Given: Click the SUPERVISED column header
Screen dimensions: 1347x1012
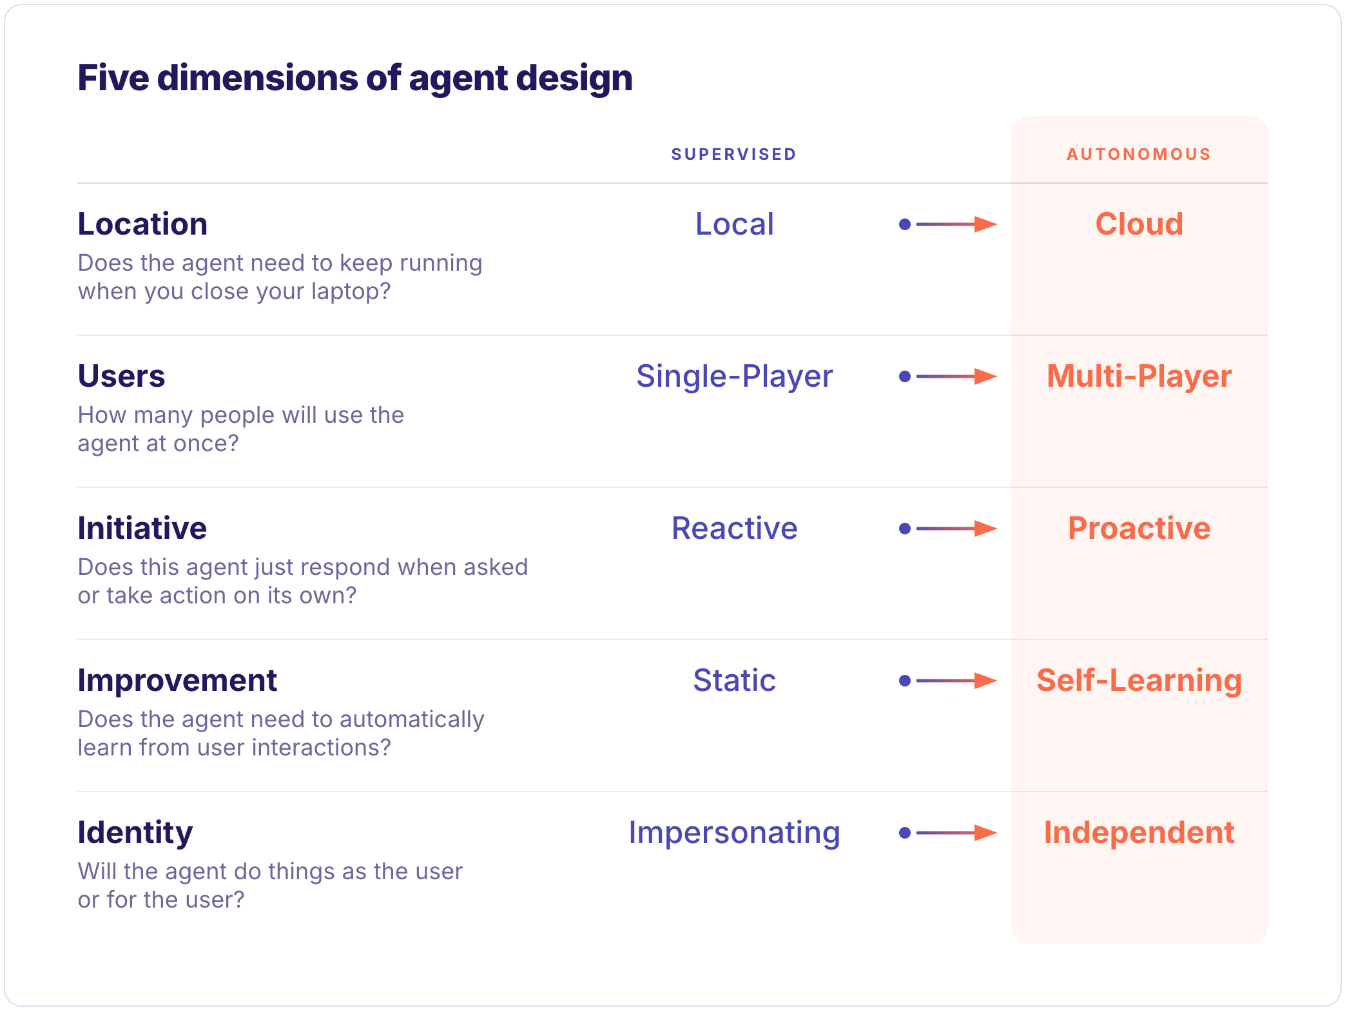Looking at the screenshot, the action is click(733, 154).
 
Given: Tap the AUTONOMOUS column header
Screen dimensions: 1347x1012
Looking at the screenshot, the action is click(1139, 154).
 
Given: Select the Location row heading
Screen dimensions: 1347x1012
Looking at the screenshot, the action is click(142, 224).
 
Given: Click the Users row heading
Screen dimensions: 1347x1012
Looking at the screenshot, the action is click(121, 376).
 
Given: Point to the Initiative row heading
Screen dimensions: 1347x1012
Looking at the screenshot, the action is click(142, 529).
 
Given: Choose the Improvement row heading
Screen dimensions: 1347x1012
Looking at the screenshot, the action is click(177, 681).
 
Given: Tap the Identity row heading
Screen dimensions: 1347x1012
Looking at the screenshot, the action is click(135, 833).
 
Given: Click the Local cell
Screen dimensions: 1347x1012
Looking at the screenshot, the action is click(734, 224).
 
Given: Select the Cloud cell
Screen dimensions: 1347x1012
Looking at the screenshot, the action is click(1139, 224).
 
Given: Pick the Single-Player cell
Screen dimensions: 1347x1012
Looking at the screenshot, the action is click(734, 376).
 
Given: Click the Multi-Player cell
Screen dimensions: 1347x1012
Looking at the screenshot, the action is click(1139, 376).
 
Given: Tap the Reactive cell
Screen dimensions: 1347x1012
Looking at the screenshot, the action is click(734, 529).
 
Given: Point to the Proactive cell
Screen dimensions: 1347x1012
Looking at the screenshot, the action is click(1139, 529).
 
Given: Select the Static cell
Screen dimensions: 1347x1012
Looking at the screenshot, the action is click(734, 681).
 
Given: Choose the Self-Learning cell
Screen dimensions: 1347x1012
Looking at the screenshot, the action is click(1139, 681).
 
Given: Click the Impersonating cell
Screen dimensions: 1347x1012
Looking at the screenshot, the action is click(734, 833).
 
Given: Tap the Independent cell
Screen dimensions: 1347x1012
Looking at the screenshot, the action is click(1139, 833).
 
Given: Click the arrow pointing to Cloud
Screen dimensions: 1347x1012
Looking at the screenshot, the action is click(948, 224).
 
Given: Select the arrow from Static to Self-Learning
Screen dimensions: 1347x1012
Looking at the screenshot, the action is click(948, 681).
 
